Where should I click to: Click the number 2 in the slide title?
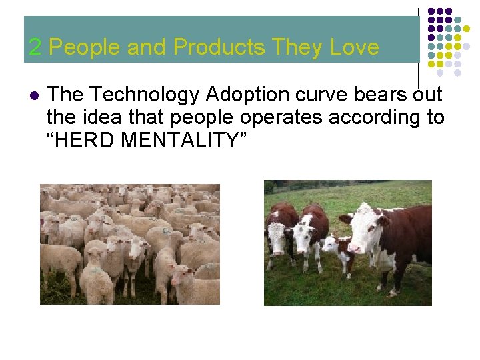click(x=35, y=47)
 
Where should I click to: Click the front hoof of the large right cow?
click(x=398, y=291)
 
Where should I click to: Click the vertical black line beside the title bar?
click(x=418, y=47)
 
